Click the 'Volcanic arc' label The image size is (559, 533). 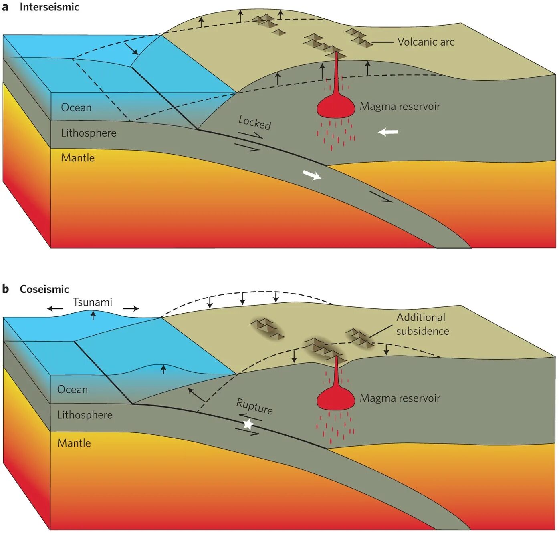426,42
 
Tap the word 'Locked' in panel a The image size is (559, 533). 254,122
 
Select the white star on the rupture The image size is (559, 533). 248,424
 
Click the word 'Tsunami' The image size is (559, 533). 93,302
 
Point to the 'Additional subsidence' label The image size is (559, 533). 422,324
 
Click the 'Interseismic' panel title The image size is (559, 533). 49,7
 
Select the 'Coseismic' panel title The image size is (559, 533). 44,289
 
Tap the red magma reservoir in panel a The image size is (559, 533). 336,106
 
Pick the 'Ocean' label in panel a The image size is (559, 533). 76,108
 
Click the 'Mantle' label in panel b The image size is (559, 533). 74,443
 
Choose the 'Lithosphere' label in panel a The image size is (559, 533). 89,133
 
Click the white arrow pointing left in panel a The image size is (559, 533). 388,132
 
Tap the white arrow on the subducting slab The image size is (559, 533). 312,175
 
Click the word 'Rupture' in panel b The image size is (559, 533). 254,406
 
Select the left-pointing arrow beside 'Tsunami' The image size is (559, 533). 55,309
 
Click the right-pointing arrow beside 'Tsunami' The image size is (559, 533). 131,309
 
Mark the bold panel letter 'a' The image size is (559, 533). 5,7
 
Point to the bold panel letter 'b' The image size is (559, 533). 5,289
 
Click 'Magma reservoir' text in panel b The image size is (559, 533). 400,398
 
